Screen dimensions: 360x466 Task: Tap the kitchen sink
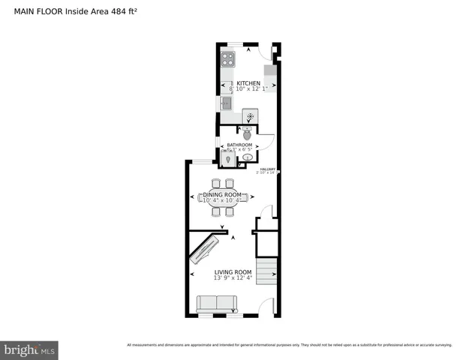(226, 103)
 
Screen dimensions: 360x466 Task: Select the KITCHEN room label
(248, 83)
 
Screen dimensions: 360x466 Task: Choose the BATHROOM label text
(239, 145)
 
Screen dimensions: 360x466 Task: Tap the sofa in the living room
(216, 303)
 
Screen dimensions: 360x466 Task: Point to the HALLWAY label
(268, 169)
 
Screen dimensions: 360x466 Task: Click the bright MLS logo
(29, 350)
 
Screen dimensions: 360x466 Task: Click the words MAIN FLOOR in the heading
(38, 11)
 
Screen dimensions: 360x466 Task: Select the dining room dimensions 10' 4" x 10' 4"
(221, 200)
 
